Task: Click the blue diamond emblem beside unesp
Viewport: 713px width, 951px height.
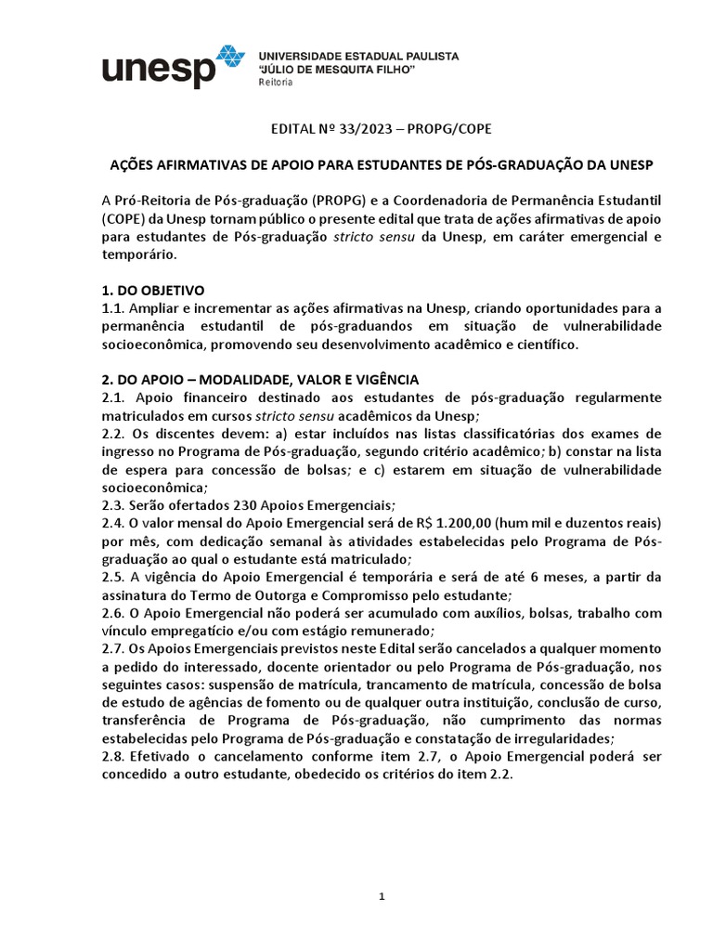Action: coord(229,59)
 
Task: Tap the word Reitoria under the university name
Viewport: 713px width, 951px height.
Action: coord(275,83)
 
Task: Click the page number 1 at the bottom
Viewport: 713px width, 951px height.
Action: coord(382,896)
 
